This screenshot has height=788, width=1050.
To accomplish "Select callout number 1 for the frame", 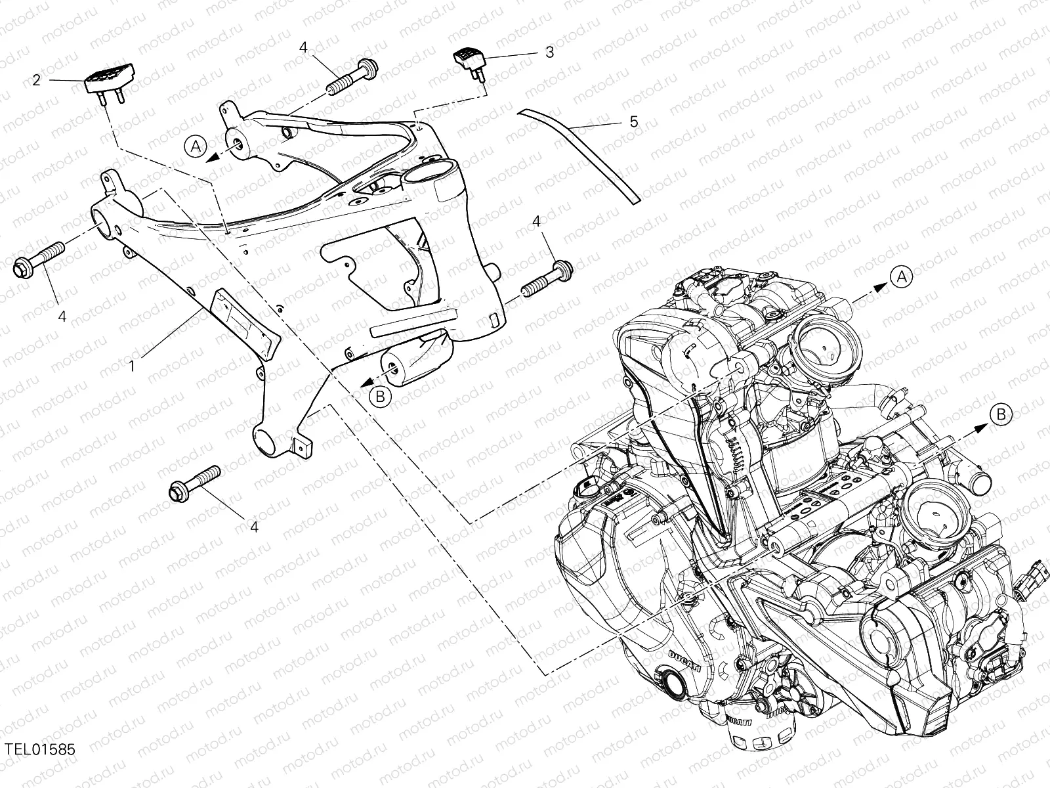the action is (x=132, y=366).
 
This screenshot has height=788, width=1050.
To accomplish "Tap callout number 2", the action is (x=37, y=80).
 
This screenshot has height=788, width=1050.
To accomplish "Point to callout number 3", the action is (x=550, y=52).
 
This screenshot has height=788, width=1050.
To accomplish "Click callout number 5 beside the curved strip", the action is (x=634, y=122).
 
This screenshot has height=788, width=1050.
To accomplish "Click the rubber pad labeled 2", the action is (x=109, y=81).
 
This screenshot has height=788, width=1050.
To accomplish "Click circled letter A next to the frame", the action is (x=196, y=146).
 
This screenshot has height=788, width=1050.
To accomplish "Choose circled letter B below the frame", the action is (x=380, y=396).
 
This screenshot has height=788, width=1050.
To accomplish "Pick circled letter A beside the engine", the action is (x=901, y=276).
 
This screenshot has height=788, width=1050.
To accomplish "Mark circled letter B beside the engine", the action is (x=1001, y=414).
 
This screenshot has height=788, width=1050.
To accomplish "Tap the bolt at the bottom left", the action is (x=195, y=484).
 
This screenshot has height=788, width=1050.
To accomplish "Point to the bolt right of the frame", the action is (x=548, y=278).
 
